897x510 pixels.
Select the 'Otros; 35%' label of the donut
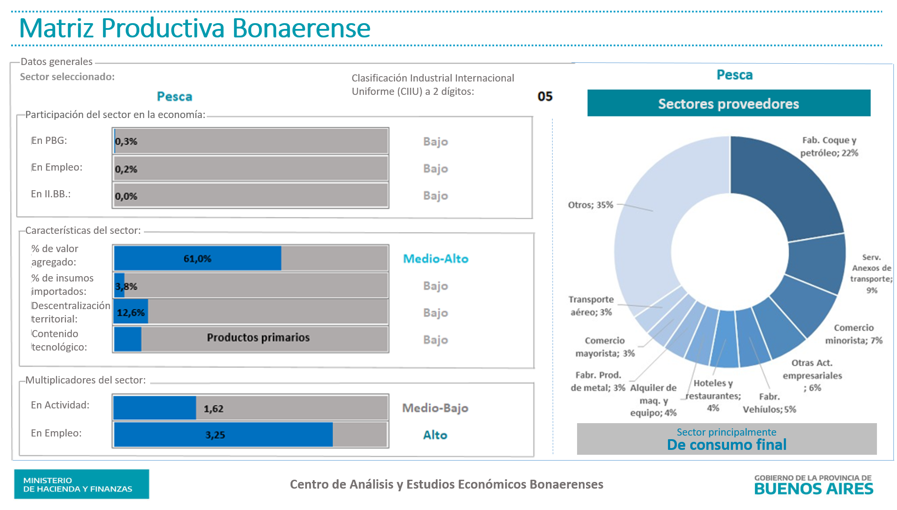590,205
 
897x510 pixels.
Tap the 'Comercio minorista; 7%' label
853,334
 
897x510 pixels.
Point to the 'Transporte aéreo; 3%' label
591,306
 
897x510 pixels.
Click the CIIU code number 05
545,97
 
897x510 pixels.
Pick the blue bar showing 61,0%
197,258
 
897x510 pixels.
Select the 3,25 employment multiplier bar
223,435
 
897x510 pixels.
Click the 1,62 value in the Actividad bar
213,408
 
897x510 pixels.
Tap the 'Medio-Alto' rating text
435,259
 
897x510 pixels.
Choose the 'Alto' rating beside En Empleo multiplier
435,435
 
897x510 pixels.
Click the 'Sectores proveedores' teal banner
729,103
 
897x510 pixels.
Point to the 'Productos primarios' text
258,338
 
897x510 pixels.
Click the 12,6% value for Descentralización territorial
131,313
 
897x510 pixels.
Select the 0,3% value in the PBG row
126,142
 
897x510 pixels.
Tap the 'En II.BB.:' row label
51,194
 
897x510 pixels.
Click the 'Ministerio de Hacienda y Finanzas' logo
82,484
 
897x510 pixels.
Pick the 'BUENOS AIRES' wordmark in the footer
814,489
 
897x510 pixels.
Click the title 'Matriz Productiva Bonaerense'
195,28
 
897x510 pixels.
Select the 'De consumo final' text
726,445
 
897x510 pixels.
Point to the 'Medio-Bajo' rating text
435,408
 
